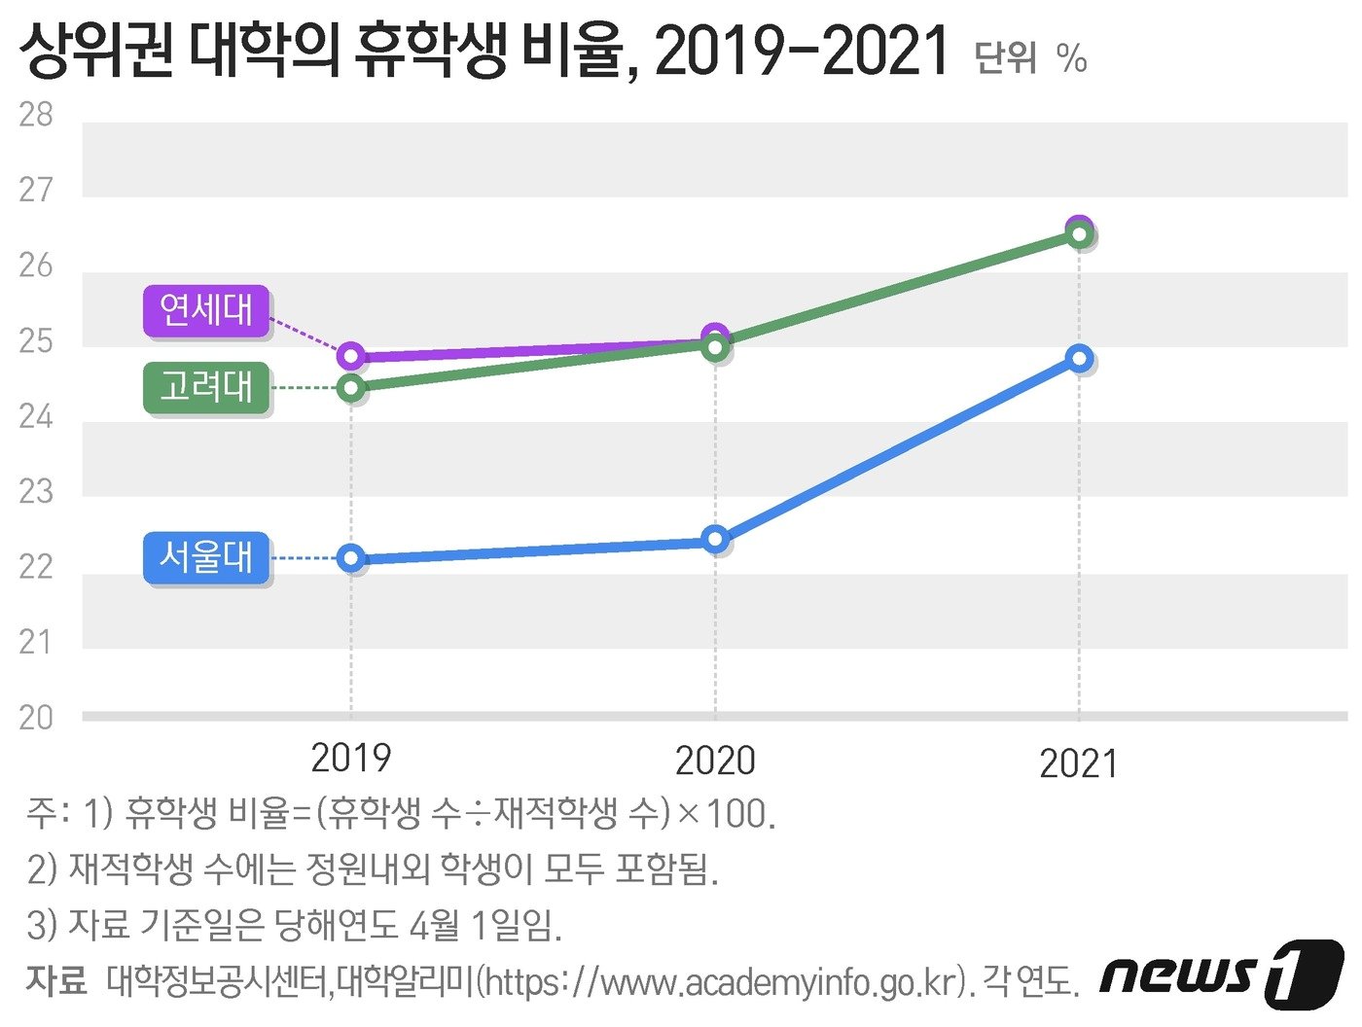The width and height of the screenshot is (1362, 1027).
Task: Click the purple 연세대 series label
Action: [206, 311]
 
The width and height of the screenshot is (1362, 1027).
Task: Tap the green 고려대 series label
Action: [206, 387]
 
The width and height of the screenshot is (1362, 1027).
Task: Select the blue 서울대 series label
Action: [206, 557]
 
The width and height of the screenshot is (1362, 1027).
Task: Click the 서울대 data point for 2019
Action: [351, 558]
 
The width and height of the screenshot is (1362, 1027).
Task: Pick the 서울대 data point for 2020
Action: [715, 539]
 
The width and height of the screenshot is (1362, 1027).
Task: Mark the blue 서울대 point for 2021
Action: [1079, 358]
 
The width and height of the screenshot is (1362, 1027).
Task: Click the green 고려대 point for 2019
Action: [351, 389]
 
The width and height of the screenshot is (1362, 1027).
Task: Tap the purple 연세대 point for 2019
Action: [351, 356]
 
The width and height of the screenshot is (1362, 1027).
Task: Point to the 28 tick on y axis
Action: [36, 115]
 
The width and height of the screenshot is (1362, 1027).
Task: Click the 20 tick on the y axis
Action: [36, 718]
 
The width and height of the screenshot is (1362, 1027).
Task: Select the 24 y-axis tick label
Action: [36, 416]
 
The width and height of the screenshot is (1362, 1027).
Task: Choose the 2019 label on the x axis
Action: [351, 759]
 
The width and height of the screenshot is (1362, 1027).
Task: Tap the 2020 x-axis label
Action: [715, 761]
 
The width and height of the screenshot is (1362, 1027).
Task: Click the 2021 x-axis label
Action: [1079, 763]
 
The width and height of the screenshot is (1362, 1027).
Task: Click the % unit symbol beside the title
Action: [1071, 58]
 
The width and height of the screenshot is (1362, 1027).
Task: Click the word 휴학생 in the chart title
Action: [429, 51]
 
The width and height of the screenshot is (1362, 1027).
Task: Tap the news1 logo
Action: [1222, 973]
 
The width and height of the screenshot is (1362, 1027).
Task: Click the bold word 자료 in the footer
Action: [56, 980]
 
